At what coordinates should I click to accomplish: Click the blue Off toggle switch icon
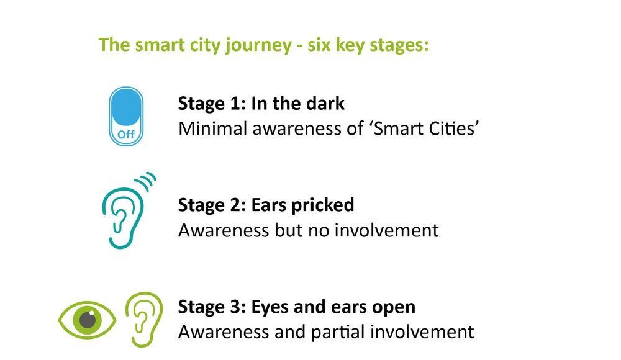tap(126, 116)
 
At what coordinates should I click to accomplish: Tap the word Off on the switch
tap(126, 134)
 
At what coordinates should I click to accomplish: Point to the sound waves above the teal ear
tap(146, 181)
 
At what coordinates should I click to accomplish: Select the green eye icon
tap(87, 320)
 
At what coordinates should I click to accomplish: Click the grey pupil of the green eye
tap(88, 319)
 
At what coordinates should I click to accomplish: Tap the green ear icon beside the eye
tap(144, 319)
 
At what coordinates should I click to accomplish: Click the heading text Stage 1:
tap(212, 104)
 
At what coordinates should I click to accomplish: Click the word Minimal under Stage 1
tap(212, 128)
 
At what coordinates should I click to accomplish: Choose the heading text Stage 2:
tap(212, 205)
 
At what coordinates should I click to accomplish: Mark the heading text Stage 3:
tap(212, 307)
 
